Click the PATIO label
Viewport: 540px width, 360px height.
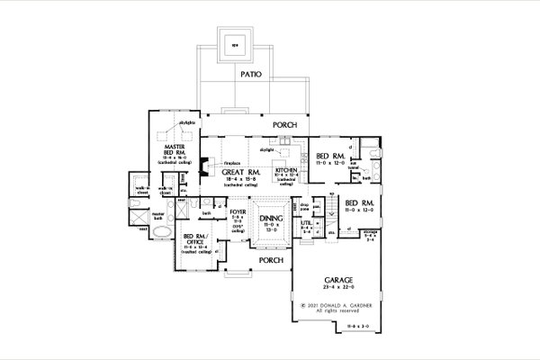point(251,76)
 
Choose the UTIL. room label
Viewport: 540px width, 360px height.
point(305,221)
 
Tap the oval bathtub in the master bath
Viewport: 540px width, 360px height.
point(163,233)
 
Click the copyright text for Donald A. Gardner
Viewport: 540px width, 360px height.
point(336,306)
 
